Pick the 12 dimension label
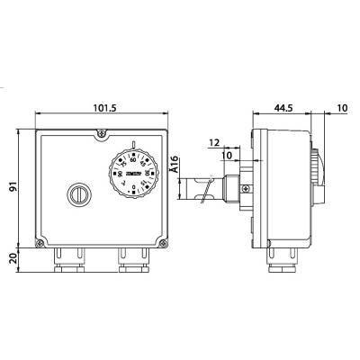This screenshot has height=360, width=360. coord(214,142)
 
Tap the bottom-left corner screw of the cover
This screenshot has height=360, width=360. coord(38,244)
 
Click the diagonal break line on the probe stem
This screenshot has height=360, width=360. coord(209,190)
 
